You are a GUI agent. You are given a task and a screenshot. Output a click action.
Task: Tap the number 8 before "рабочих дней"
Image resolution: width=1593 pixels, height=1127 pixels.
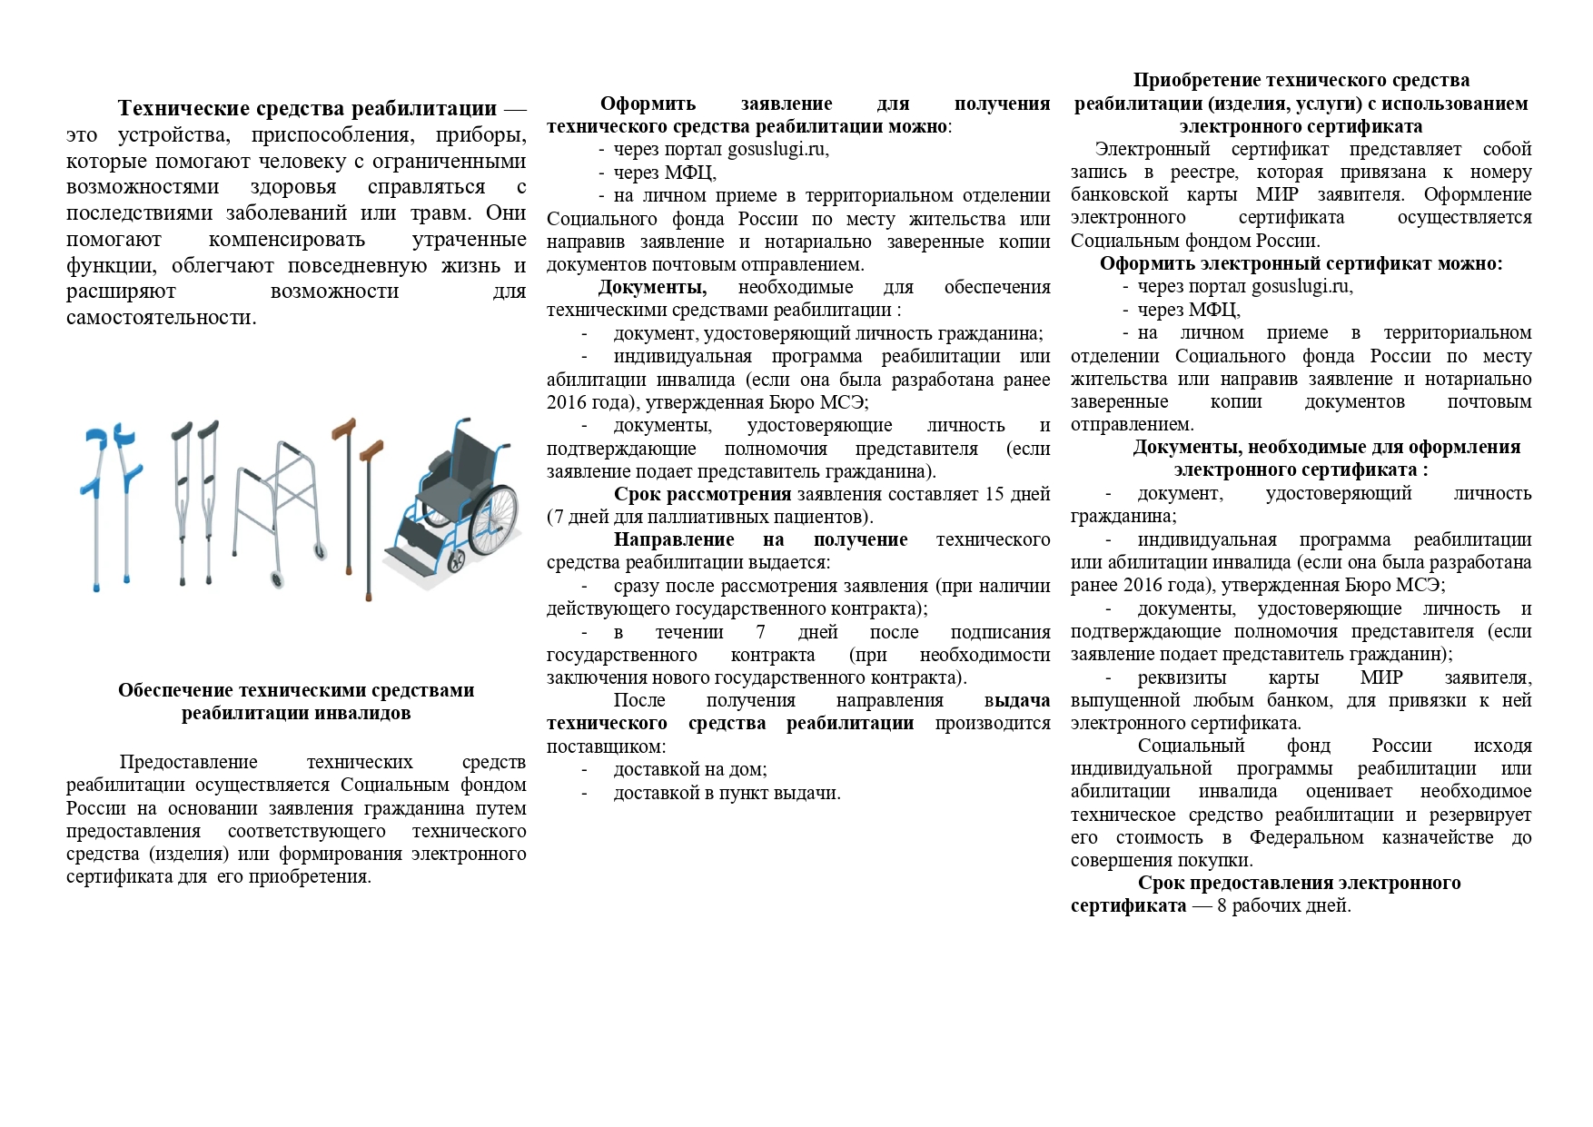[1222, 905]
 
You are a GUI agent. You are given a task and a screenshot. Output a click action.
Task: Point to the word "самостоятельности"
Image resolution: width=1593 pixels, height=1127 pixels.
[161, 317]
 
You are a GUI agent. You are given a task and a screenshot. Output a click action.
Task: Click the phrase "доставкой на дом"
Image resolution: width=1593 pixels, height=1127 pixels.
[690, 769]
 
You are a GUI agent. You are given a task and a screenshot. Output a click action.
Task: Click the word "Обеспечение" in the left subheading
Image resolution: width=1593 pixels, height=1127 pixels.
[182, 690]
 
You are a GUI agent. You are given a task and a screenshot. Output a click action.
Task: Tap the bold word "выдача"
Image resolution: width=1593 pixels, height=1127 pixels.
[1016, 700]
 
